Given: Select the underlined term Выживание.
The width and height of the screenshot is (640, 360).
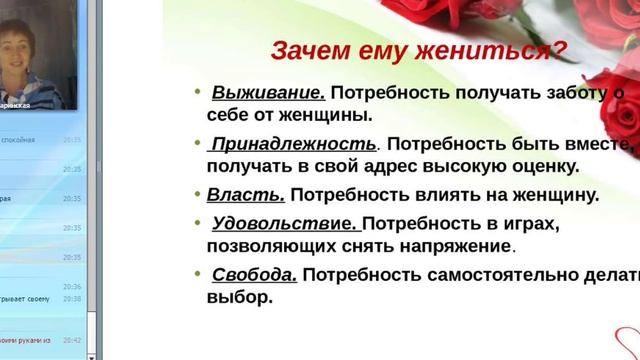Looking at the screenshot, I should (x=268, y=93).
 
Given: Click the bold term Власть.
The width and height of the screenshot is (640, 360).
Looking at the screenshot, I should (x=246, y=195).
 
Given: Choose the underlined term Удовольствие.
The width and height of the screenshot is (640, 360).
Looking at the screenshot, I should (x=284, y=222).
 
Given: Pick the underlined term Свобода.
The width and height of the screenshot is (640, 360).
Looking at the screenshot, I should (x=254, y=274).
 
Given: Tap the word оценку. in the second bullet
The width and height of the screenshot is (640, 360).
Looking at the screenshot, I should (x=565, y=166).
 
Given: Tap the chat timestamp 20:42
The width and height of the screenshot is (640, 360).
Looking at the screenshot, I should (x=71, y=340).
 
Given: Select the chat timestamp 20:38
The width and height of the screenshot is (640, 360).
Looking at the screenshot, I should (x=71, y=299).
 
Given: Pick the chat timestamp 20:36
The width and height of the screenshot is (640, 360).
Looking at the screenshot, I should (x=71, y=287).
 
